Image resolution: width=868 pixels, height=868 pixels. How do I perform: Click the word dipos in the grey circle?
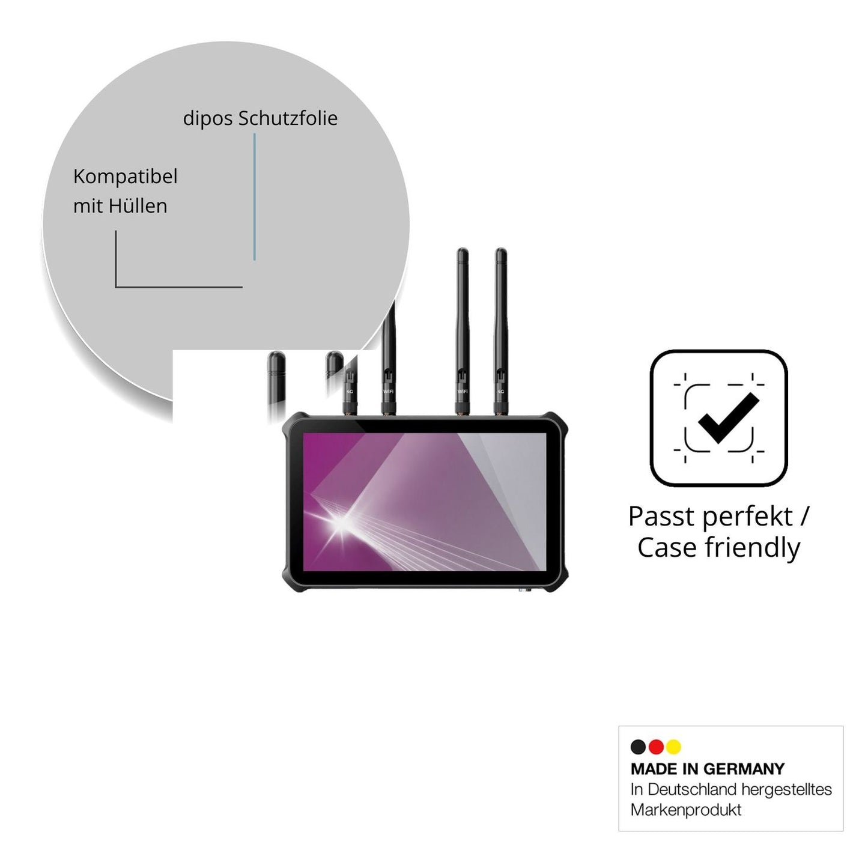coord(208,119)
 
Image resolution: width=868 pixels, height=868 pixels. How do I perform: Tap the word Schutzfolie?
coord(288,118)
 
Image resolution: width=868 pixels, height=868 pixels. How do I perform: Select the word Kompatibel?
coord(125,177)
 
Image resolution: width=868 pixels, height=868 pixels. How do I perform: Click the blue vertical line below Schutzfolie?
coord(255,197)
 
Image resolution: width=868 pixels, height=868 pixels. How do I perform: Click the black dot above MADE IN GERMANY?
coord(638,747)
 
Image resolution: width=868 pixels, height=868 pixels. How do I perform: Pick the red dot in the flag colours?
coord(657,747)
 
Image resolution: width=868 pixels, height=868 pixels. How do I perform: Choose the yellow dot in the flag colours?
coord(674,747)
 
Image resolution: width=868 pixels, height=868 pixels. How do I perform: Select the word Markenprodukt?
coord(686,810)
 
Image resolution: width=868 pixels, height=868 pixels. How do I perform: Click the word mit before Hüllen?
coord(88,206)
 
